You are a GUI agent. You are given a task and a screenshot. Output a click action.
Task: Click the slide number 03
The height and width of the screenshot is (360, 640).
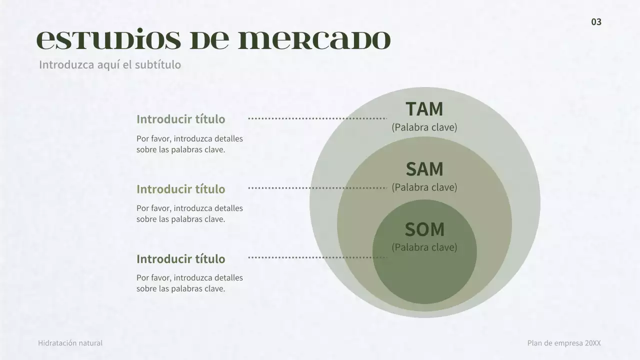596,22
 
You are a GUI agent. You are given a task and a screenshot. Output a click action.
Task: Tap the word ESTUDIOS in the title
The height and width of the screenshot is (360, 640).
109,40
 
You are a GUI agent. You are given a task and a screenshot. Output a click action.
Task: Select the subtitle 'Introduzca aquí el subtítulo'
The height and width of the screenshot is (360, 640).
110,65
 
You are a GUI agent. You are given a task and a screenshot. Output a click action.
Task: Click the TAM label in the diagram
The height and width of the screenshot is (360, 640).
424,109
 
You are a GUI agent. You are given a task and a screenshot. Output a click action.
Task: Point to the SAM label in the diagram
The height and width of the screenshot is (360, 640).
424,169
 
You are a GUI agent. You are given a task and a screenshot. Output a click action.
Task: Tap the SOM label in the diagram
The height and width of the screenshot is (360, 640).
424,229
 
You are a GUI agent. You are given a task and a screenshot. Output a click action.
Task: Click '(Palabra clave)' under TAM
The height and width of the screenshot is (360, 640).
424,127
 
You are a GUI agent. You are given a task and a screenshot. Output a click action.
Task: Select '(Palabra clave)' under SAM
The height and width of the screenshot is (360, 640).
424,187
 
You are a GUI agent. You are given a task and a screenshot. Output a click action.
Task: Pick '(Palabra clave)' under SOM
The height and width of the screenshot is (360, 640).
424,247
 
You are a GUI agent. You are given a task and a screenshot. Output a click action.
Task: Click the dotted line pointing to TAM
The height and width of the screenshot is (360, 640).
317,118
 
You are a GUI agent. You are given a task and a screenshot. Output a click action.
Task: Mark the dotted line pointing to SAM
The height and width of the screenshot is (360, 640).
317,188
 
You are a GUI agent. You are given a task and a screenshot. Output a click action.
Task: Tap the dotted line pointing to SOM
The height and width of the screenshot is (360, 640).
317,257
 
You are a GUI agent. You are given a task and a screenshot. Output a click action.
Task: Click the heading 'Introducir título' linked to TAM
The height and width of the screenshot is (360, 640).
180,119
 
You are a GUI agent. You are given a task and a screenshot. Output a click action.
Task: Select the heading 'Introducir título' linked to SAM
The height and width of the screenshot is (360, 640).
180,189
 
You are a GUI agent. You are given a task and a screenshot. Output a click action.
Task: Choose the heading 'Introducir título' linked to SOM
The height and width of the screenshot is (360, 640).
180,259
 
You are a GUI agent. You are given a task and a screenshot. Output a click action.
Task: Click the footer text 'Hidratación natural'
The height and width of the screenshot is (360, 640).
70,343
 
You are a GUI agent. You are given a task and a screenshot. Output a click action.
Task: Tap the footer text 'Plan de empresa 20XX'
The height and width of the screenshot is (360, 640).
564,343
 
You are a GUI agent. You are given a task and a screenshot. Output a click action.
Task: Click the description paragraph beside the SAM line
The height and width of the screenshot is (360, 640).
189,213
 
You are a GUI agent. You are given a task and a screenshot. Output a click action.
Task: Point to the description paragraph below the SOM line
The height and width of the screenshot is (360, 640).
189,283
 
